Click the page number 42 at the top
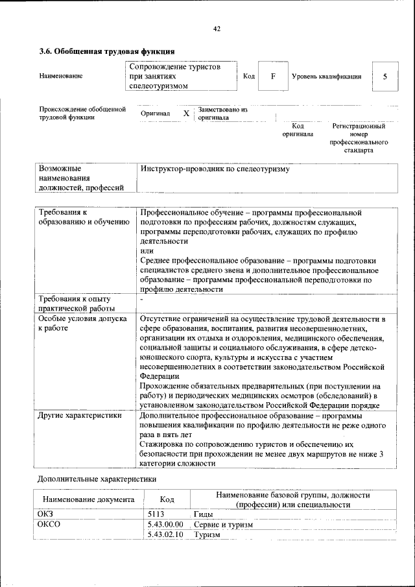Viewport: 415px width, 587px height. [x=217, y=29]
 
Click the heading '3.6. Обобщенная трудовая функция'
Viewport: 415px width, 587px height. [x=107, y=51]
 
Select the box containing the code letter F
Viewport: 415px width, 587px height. [x=273, y=76]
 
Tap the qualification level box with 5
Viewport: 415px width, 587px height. [x=385, y=76]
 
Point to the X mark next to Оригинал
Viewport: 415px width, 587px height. [x=186, y=114]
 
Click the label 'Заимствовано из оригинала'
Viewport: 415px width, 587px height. [x=223, y=114]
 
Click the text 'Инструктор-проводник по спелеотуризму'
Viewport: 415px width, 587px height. [x=215, y=169]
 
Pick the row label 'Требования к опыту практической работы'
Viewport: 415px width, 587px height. [x=77, y=303]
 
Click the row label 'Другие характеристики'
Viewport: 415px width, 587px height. [x=80, y=416]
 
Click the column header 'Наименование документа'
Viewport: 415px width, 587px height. [x=88, y=499]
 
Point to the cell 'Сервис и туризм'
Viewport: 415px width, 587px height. [x=223, y=524]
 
